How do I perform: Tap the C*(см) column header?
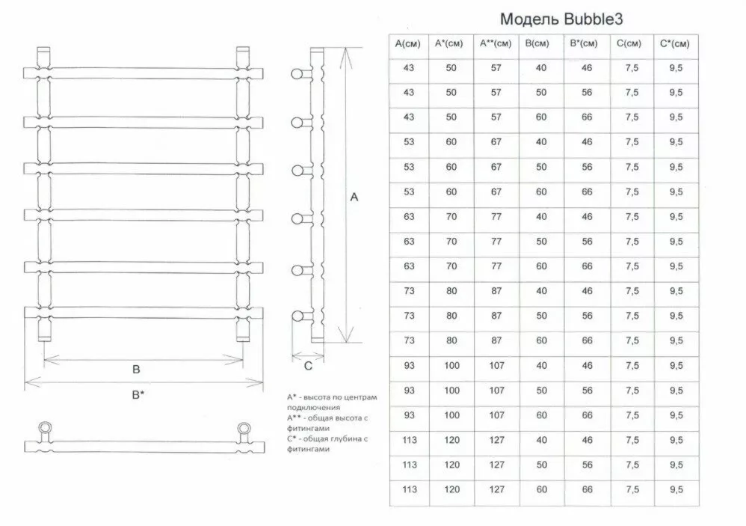(675, 44)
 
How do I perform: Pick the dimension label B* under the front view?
(138, 394)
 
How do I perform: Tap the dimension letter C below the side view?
(307, 366)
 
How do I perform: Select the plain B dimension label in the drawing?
(137, 369)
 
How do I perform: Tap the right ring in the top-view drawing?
(244, 429)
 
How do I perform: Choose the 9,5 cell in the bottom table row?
(675, 489)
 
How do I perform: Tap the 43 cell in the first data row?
(408, 68)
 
